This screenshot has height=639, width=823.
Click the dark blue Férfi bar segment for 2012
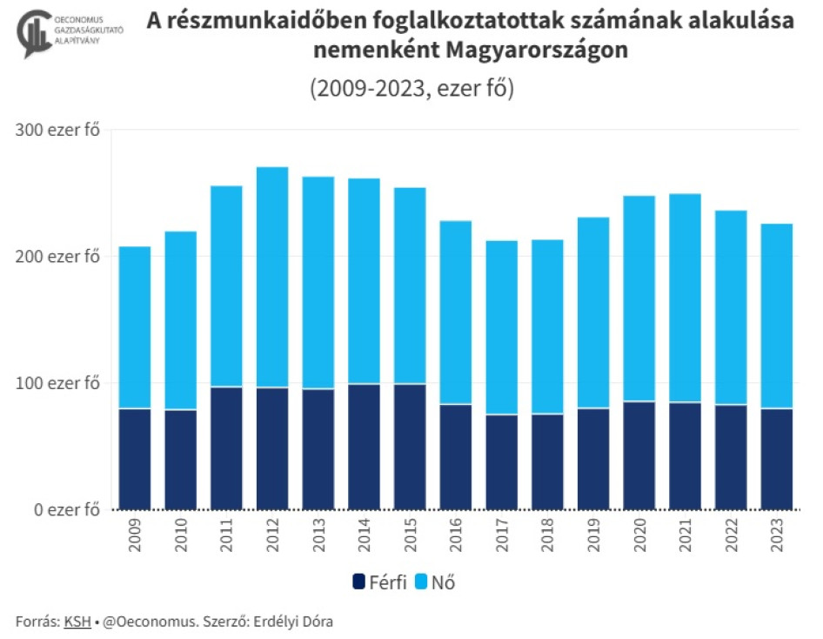272,448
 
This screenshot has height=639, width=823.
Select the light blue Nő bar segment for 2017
502,327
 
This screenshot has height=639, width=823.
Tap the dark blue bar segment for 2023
777,460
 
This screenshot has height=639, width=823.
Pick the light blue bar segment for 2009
135,327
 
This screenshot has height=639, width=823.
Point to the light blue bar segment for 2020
639,299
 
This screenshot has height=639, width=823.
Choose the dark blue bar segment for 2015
410,447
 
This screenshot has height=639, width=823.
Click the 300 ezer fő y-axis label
57,130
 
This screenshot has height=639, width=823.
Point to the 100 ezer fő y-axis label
57,383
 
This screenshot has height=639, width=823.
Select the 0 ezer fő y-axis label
67,509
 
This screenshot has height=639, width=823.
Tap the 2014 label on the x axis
365,535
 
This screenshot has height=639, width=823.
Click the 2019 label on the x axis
593,535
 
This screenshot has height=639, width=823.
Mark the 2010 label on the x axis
181,535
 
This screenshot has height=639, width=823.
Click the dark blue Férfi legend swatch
359,582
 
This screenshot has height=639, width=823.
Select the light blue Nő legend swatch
421,582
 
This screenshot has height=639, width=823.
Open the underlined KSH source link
77,622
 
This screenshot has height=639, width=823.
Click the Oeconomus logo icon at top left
35,33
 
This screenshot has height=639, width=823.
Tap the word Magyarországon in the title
537,50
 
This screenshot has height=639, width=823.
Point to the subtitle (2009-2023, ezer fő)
412,88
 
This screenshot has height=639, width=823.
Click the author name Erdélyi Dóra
293,622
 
